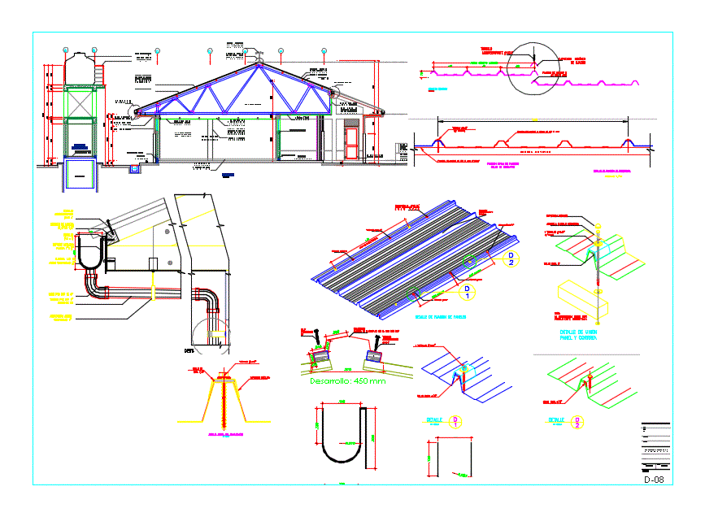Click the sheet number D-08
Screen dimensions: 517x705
tap(654, 480)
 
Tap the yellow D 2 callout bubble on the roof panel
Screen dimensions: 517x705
tap(511, 258)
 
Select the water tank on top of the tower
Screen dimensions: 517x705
tap(79, 67)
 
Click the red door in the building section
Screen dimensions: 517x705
tap(351, 143)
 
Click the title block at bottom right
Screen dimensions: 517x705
tap(655, 447)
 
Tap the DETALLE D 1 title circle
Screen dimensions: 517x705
tap(457, 420)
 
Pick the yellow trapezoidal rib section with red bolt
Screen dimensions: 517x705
tap(224, 398)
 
